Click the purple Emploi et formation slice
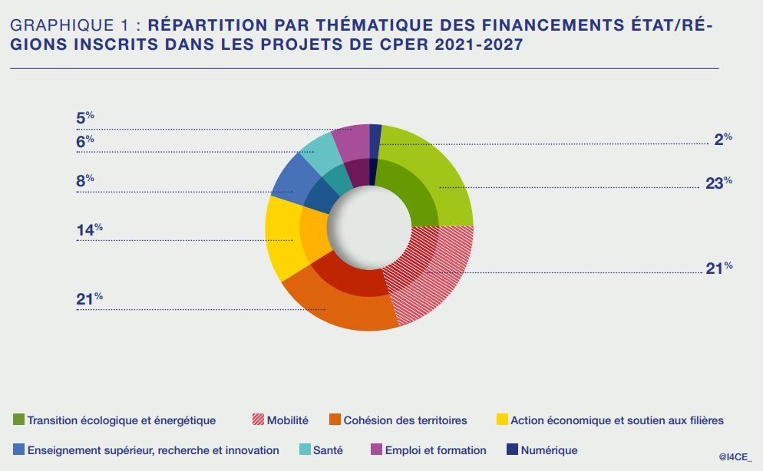[353, 142]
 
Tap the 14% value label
[89, 229]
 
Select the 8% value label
[84, 180]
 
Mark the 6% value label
[84, 140]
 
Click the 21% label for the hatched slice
[718, 268]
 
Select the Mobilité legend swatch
[258, 420]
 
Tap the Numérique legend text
[549, 450]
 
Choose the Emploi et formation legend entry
[434, 450]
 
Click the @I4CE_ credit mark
[735, 456]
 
